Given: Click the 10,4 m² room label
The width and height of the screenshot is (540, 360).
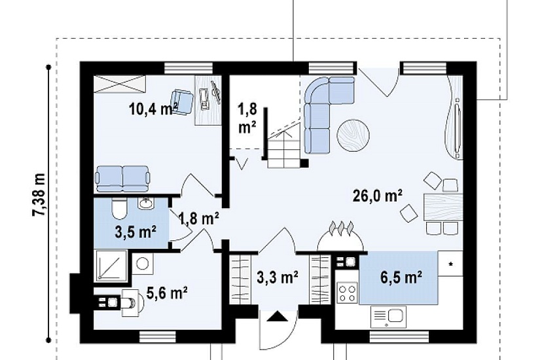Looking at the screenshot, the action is (154, 109).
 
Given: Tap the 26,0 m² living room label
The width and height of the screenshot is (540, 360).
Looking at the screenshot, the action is (378, 196).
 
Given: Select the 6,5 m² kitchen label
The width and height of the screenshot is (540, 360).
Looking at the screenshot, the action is (401, 277).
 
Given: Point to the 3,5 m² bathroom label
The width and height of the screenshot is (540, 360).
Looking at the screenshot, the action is (135, 232).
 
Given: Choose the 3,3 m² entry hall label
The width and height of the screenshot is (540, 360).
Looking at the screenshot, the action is (278, 277).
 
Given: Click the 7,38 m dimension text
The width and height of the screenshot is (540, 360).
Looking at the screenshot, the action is (39, 194).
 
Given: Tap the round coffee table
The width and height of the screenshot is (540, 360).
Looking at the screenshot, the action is (353, 135).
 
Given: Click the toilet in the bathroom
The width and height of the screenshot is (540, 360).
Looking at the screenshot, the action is (120, 208).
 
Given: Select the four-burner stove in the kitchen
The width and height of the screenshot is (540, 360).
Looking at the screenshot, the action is (348, 293).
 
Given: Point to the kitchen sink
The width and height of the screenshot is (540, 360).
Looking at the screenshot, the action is (388, 317).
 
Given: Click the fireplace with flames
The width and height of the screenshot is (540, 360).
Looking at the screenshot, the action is (340, 238).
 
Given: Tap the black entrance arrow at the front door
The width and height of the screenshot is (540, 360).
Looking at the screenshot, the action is (278, 316).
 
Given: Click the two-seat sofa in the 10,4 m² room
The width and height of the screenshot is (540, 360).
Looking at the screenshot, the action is (122, 179).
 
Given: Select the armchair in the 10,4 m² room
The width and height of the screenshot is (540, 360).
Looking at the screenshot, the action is (183, 101).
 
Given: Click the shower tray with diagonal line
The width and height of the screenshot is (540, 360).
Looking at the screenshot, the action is (111, 264).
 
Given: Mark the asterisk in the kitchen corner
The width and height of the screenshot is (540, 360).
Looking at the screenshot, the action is (450, 264).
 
